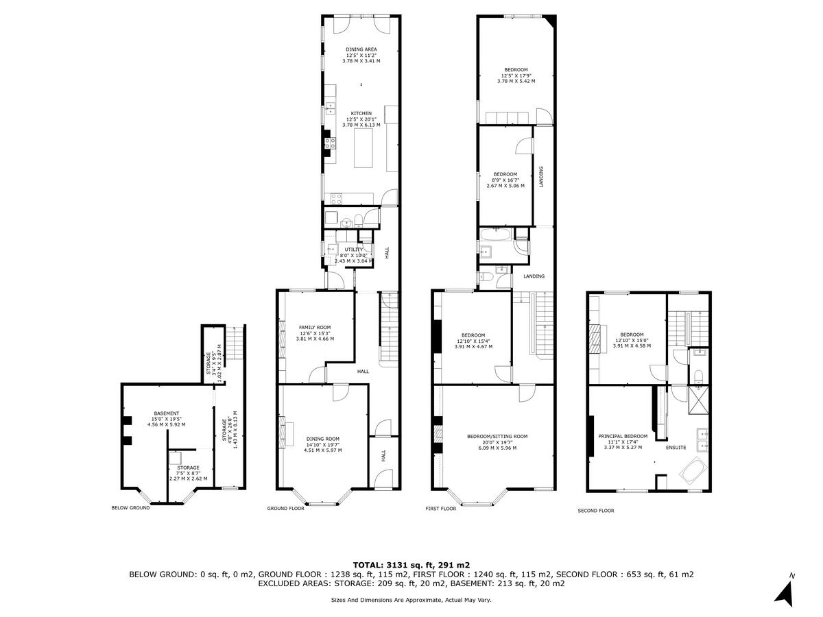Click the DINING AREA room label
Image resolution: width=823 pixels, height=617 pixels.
[361, 49]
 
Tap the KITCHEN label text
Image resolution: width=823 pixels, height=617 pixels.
[361, 113]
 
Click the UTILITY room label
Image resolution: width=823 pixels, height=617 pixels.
[354, 250]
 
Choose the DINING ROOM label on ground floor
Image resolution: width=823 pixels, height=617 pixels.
[322, 439]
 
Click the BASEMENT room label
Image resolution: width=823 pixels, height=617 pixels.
[166, 413]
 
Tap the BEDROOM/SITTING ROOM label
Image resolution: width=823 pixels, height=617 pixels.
[497, 436]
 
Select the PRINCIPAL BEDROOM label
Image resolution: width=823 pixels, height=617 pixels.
[622, 436]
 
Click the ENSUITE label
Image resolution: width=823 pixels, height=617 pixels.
[676, 448]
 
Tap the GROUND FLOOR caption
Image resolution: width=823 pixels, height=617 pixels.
[285, 509]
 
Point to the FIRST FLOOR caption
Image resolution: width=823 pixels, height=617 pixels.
[440, 509]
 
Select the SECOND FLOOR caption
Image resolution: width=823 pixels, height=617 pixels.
[596, 511]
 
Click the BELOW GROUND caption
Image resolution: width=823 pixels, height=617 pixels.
[130, 508]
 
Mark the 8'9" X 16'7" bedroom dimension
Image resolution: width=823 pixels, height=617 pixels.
[505, 180]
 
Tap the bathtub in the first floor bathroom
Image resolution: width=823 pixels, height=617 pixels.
[496, 234]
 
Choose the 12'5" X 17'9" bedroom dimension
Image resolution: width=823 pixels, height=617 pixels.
[516, 75]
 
